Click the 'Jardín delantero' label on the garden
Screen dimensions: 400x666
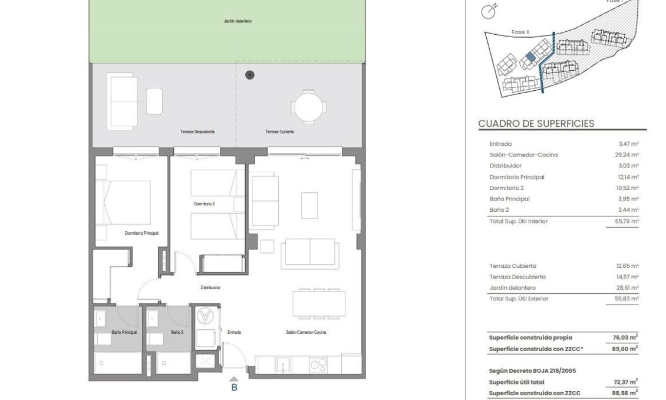tap(238, 21)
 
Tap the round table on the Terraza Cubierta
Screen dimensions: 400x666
tap(307, 107)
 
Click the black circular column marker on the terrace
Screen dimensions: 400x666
tap(250, 75)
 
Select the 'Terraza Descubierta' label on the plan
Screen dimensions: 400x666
tap(197, 132)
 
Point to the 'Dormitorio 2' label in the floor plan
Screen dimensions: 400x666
tap(205, 204)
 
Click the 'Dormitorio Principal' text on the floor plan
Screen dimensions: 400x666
tap(141, 233)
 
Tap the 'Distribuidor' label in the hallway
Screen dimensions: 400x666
tap(210, 288)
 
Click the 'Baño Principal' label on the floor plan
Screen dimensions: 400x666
tap(124, 333)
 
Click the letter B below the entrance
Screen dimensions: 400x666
tap(234, 388)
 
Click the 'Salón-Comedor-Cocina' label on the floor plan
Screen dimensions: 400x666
tap(306, 333)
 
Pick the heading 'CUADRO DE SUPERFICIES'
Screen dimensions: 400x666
tap(536, 124)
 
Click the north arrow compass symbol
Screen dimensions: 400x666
tap(489, 10)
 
